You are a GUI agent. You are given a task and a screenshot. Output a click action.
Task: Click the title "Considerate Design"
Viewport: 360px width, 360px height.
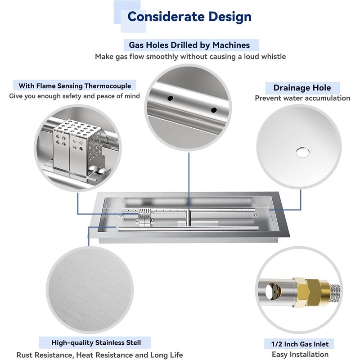coord(189,17)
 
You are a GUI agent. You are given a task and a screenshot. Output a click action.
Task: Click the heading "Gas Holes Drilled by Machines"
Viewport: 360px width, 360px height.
coord(189,45)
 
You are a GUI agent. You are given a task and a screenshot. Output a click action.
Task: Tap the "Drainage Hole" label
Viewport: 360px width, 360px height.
coord(302,88)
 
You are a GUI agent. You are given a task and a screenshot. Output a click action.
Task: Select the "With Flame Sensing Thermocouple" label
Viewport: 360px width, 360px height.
coord(75,86)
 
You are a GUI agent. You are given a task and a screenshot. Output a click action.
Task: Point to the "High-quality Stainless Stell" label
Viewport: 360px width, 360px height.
coord(96,342)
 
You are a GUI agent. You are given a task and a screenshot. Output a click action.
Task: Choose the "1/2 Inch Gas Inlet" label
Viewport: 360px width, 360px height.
coord(300,344)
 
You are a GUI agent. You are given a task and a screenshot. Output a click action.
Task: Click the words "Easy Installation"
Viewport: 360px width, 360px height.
coord(300,354)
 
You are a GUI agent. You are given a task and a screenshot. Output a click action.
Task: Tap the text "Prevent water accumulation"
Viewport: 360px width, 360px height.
coord(302,98)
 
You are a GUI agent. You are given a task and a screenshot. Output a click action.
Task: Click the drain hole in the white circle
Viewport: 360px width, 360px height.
coord(302,153)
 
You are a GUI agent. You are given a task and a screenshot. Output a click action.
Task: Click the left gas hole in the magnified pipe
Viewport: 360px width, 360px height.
coord(170,98)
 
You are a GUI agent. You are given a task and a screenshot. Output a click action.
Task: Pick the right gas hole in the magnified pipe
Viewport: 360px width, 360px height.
coord(214,110)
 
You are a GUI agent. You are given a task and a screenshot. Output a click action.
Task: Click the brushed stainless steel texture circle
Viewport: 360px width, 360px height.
coord(90,290)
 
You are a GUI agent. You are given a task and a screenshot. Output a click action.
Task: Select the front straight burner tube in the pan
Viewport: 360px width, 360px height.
coord(188,229)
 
